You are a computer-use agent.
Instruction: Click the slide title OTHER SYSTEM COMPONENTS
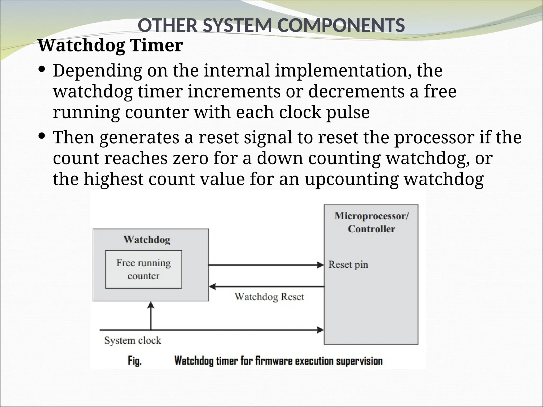coord(271,25)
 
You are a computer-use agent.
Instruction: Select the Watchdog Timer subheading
coord(110,45)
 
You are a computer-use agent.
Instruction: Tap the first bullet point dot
coord(42,69)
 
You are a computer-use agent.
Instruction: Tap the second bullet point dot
coord(42,136)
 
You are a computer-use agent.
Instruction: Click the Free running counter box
coord(143,269)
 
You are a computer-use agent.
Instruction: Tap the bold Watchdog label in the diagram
coord(147,240)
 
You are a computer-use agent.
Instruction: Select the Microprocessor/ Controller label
coord(371,222)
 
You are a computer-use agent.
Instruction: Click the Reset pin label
coord(348,264)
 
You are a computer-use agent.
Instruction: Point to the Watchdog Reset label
coord(269,297)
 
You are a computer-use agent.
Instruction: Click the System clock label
coord(133,340)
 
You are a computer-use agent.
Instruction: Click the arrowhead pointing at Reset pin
coord(321,264)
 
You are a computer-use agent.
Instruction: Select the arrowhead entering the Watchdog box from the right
coord(212,286)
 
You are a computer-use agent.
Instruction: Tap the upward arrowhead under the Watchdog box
coord(151,305)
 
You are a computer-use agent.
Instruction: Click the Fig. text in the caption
coord(135,361)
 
